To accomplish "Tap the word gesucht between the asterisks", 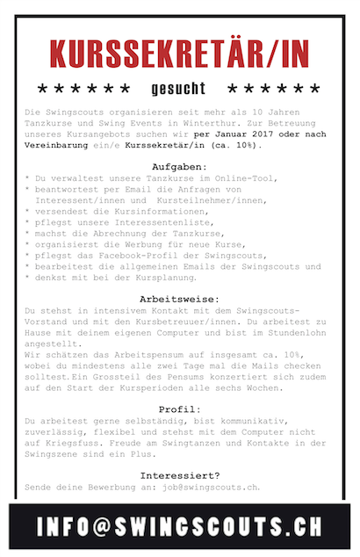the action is [178, 89].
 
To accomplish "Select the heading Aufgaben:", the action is [179, 165].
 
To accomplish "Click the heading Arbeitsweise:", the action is [179, 299].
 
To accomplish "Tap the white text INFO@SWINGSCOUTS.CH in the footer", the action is [179, 526].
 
